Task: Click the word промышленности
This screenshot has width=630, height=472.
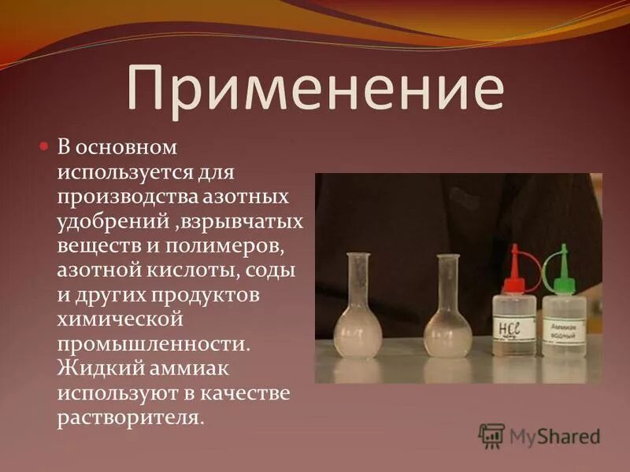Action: click(x=153, y=343)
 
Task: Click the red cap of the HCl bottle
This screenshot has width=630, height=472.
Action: click(x=516, y=265)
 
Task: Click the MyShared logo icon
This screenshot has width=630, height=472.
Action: click(x=492, y=436)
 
